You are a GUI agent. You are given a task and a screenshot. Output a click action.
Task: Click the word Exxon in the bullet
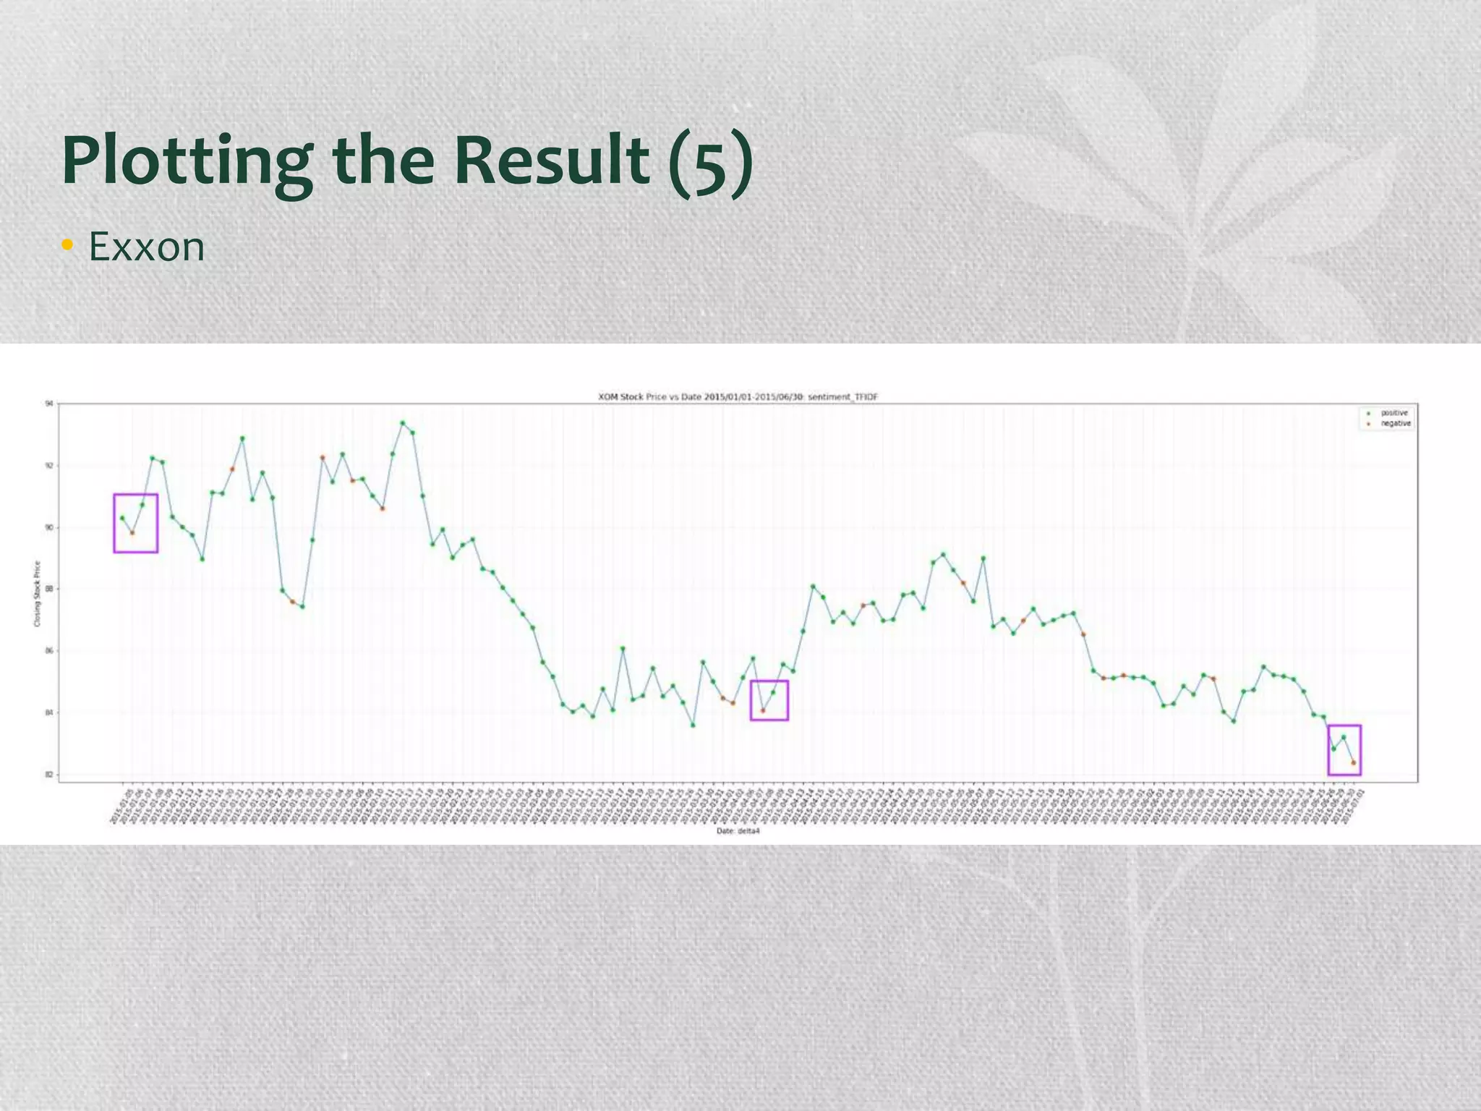click(x=147, y=247)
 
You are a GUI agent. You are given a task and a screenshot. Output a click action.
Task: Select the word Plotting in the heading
click(x=187, y=162)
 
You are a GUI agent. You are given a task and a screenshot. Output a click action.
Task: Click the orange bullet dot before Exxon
click(x=67, y=245)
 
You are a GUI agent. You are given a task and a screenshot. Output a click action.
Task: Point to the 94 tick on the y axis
click(x=48, y=404)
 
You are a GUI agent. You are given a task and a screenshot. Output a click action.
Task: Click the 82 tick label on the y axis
click(x=48, y=775)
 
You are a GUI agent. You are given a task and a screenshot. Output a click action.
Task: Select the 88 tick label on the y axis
click(x=48, y=589)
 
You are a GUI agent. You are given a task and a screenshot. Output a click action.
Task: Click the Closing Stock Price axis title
click(x=37, y=594)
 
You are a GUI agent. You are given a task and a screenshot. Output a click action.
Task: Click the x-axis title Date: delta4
click(x=738, y=831)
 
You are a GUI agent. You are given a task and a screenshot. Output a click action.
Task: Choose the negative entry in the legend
click(x=1395, y=424)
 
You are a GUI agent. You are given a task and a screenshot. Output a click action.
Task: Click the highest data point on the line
click(x=403, y=422)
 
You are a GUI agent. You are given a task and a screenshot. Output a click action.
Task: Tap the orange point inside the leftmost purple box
click(x=132, y=533)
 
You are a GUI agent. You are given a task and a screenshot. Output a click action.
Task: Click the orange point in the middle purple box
click(x=763, y=711)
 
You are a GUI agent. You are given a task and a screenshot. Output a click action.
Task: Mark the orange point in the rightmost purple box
click(x=1354, y=762)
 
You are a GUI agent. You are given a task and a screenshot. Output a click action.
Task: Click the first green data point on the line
click(x=122, y=518)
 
